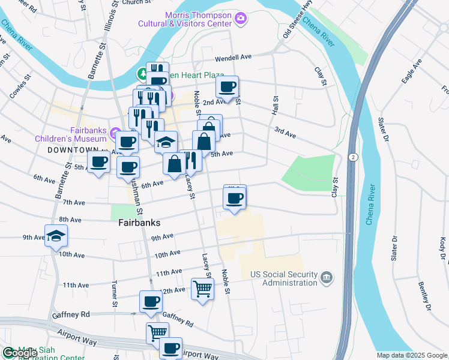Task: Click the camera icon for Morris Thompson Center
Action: point(240,19)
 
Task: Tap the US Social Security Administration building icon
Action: point(326,277)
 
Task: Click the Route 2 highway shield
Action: point(353,157)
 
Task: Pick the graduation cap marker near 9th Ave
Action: point(56,236)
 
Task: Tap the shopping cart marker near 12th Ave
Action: point(203,289)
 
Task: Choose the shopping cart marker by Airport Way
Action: point(158,332)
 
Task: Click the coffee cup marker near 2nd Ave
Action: point(228,88)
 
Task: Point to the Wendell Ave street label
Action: point(234,58)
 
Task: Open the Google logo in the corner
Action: point(20,353)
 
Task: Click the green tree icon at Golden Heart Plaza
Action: point(142,74)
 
